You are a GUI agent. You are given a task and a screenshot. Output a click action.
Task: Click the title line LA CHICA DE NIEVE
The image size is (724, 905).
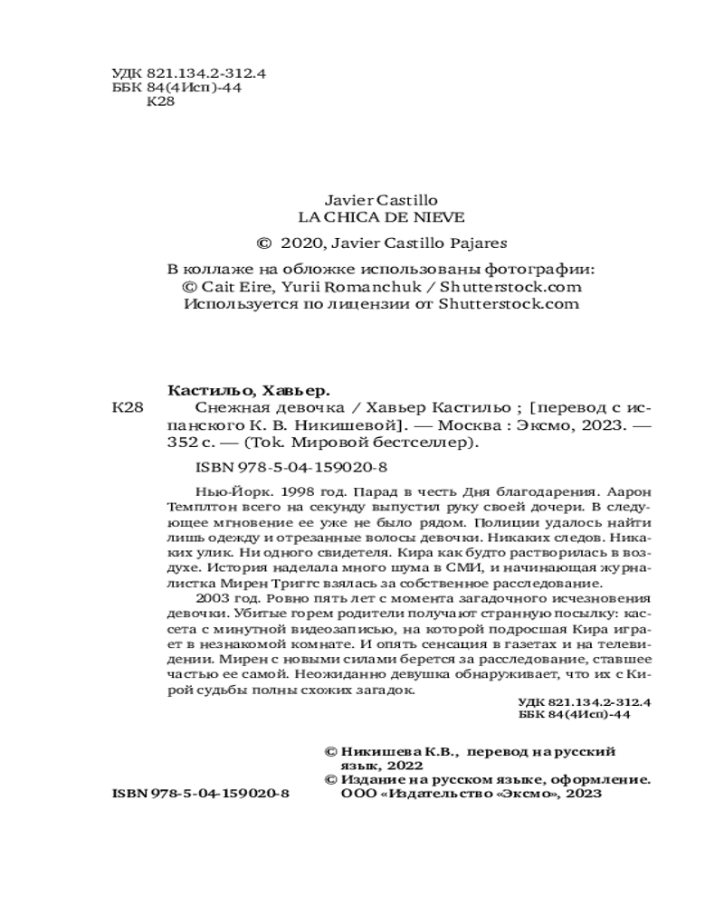(381, 217)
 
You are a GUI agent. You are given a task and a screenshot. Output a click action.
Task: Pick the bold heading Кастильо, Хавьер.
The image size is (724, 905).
(250, 390)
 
